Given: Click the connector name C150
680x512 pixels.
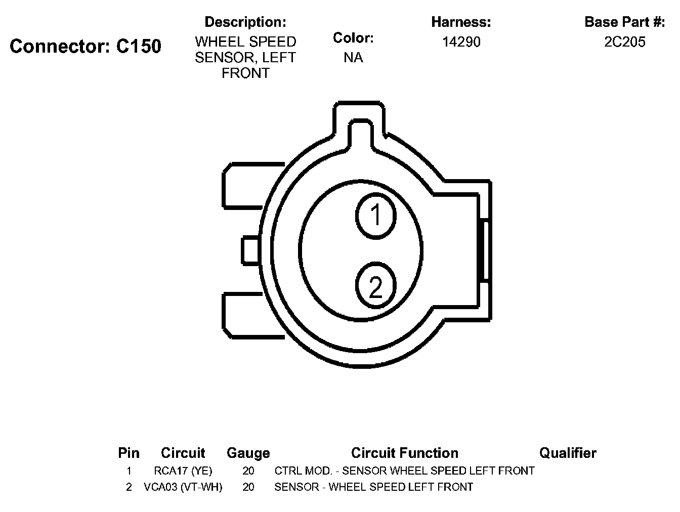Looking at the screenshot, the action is pos(139,46).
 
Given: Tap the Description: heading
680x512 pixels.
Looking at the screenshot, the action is pos(245,22).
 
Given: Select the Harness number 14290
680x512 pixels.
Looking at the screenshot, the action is pos(461,42).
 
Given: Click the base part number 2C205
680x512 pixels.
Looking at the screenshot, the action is pos(624,42).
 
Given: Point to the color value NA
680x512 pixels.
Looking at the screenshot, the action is pos(353,58).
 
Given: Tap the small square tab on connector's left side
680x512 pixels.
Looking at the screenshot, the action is pos(250,250).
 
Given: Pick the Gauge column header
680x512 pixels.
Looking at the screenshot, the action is pos(248,453).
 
